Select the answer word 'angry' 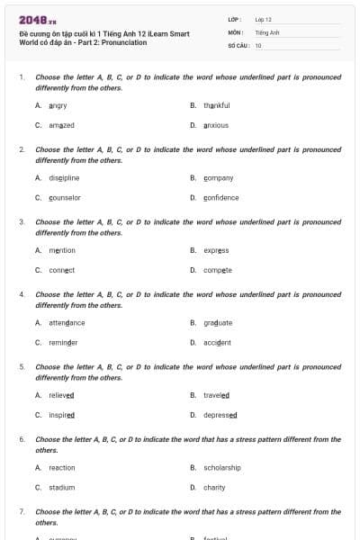pos(58,105)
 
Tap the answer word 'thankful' pos(216,105)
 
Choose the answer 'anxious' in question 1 pos(216,125)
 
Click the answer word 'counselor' pos(65,198)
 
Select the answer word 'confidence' pos(221,198)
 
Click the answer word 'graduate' pos(218,322)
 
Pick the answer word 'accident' pos(217,343)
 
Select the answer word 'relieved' pos(62,395)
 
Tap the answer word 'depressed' pos(220,415)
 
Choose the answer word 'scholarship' pos(222,468)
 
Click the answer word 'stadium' pos(62,488)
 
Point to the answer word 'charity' pos(214,488)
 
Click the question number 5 pos(22,367)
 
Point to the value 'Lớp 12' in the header pos(263,19)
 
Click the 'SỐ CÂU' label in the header pos(238,44)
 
